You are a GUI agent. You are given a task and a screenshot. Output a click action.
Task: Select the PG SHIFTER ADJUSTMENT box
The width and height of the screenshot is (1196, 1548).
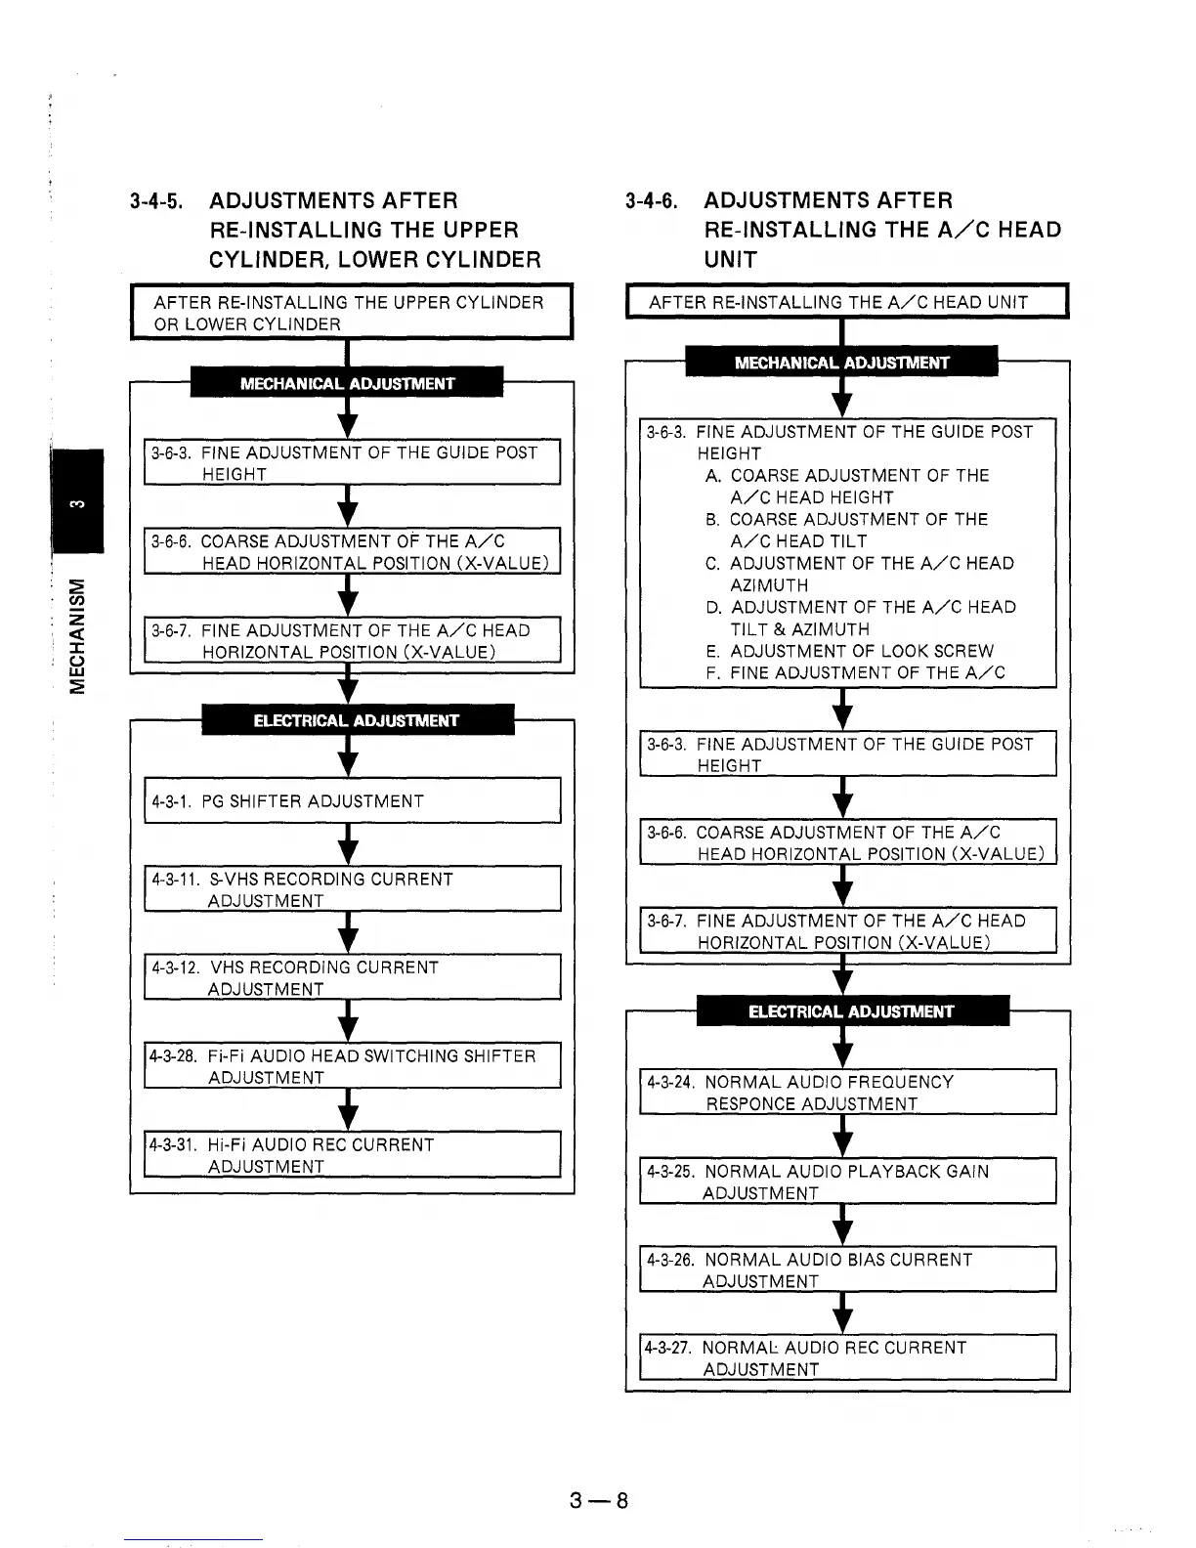pyautogui.click(x=352, y=801)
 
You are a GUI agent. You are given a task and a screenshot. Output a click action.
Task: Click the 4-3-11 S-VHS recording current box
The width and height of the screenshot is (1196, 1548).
pyautogui.click(x=352, y=889)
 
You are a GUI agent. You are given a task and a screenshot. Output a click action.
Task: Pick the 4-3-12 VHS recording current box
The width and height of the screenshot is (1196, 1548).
pyautogui.click(x=352, y=977)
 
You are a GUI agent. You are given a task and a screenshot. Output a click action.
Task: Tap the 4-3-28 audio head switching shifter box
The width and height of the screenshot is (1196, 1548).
pyautogui.click(x=352, y=1066)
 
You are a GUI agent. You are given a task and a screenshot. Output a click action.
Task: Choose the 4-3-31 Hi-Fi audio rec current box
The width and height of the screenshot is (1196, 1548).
pyautogui.click(x=352, y=1155)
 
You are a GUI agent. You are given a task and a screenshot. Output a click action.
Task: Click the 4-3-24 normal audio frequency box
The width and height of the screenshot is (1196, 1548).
pyautogui.click(x=848, y=1093)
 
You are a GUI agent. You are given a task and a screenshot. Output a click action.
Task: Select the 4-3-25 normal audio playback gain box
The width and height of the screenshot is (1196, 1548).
pyautogui.click(x=848, y=1182)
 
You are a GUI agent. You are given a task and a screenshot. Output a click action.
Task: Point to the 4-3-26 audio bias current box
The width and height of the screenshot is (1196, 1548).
pyautogui.click(x=848, y=1269)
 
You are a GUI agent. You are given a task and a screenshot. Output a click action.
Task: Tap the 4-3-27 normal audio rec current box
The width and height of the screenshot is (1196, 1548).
pyautogui.click(x=848, y=1357)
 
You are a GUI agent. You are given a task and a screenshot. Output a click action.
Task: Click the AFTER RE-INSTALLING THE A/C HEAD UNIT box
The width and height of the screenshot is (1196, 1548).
pyautogui.click(x=846, y=302)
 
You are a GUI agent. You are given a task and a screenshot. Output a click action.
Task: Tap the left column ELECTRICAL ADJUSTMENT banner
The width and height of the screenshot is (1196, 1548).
pyautogui.click(x=357, y=720)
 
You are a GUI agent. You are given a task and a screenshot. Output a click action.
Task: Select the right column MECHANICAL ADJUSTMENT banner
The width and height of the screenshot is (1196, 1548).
pyautogui.click(x=841, y=363)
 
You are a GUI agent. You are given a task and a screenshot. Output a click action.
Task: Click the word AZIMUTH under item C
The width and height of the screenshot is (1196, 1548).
pyautogui.click(x=769, y=585)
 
